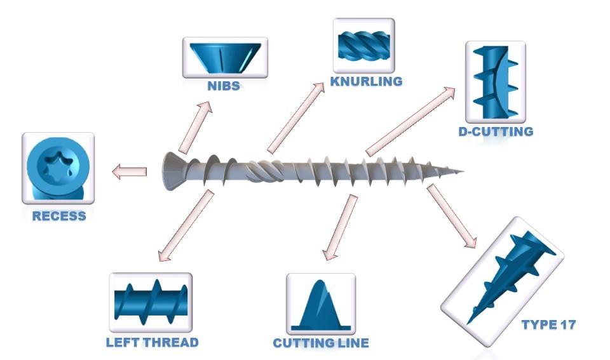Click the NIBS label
click(x=224, y=86)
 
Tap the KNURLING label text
click(x=366, y=81)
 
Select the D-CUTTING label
click(x=496, y=132)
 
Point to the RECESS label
click(x=59, y=216)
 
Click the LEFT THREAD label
click(x=152, y=342)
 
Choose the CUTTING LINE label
click(x=321, y=343)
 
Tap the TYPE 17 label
click(x=548, y=325)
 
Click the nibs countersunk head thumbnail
click(x=225, y=58)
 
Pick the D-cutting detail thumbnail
click(x=495, y=82)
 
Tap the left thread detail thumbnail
click(x=151, y=302)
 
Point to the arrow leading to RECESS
click(x=130, y=171)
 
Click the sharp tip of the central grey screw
click(x=463, y=171)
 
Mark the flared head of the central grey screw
click(x=170, y=171)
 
